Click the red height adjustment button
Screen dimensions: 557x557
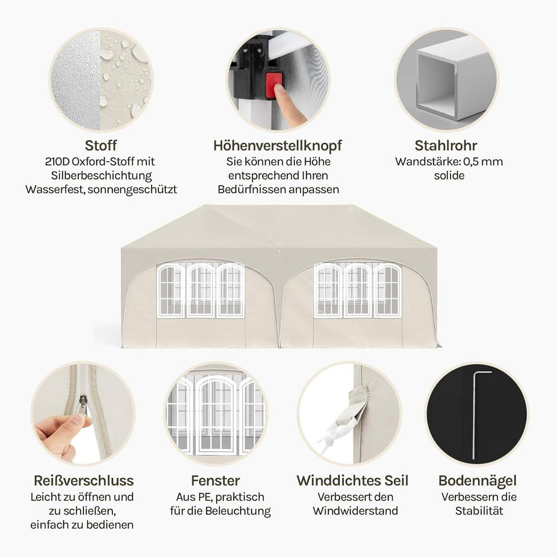point(273,84)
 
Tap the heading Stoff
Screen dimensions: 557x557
point(101,146)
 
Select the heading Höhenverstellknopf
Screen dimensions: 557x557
point(278,146)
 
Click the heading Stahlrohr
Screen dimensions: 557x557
point(446,146)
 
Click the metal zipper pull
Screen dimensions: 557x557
point(83,402)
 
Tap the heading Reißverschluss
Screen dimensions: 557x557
point(84,481)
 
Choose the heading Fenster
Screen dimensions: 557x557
point(215,481)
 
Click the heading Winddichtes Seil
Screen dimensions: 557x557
point(352,481)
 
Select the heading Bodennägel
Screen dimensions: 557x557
point(477,481)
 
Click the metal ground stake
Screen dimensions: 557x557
point(474,416)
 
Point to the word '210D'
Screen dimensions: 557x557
point(57,162)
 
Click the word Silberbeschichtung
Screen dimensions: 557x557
point(101,176)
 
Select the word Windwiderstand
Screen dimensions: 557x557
point(355,511)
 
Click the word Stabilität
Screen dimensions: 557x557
point(479,511)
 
